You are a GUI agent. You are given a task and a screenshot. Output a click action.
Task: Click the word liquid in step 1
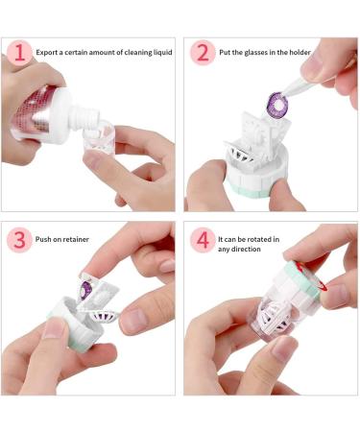pos(162,52)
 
